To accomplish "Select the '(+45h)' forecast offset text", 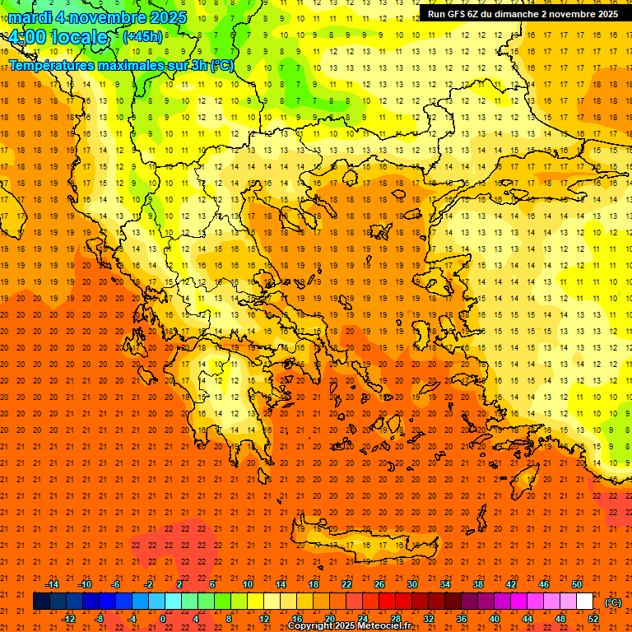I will tap(142, 36).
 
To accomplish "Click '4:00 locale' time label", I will tap(58, 37).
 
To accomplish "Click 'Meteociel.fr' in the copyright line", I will tap(384, 626).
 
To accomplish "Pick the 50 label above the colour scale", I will tap(577, 584).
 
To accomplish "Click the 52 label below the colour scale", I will tap(593, 619).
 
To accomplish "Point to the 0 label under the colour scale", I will tap(163, 619).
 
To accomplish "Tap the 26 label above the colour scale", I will tap(379, 584).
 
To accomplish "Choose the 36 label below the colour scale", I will tap(461, 619).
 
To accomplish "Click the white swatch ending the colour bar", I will tap(584, 602).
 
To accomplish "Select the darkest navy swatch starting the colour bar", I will tap(41, 602).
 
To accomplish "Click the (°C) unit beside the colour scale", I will tap(613, 602).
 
